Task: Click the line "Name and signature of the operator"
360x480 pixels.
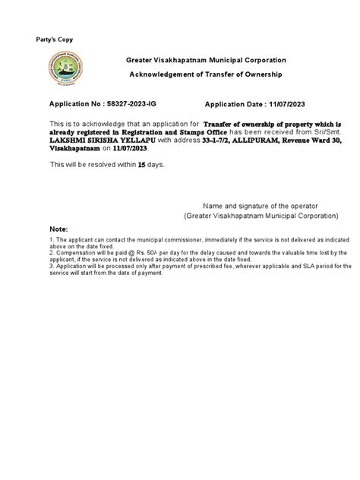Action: click(x=259, y=206)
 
